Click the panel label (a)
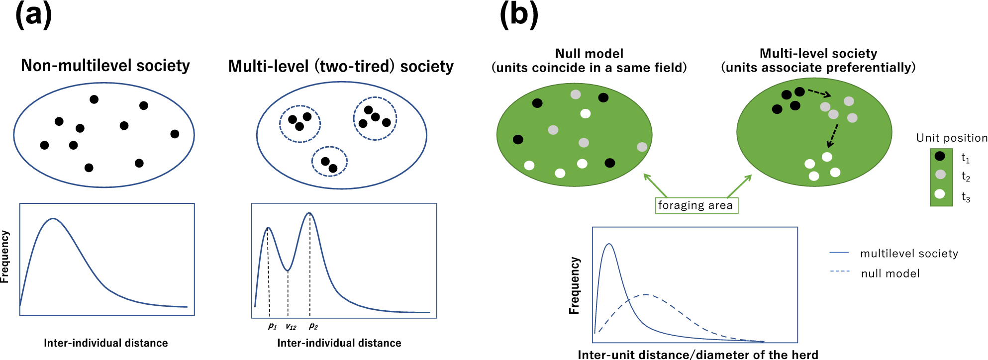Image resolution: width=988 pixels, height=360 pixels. click(34, 15)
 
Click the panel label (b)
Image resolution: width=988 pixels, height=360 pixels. click(519, 15)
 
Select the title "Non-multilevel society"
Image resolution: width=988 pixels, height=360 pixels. click(105, 66)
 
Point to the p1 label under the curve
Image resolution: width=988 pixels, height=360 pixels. click(272, 326)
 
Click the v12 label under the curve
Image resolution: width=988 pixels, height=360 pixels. click(291, 327)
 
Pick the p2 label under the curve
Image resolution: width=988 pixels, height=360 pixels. click(313, 326)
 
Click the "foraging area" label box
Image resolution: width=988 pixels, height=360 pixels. click(696, 205)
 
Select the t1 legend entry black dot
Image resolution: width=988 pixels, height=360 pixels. click(940, 156)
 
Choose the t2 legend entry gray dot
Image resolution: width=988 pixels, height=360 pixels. click(940, 175)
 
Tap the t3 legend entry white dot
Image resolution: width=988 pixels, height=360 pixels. click(940, 194)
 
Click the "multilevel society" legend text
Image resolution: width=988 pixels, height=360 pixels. click(909, 254)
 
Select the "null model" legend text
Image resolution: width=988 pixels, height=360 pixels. click(890, 273)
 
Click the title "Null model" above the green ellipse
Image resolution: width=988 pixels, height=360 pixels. click(589, 53)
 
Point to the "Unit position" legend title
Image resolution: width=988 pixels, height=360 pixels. click(952, 138)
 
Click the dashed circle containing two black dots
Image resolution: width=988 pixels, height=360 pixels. click(329, 162)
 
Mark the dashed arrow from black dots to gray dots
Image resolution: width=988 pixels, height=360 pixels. click(819, 93)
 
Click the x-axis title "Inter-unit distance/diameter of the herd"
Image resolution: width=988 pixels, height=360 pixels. click(697, 355)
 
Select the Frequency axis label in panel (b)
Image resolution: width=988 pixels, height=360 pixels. click(575, 285)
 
